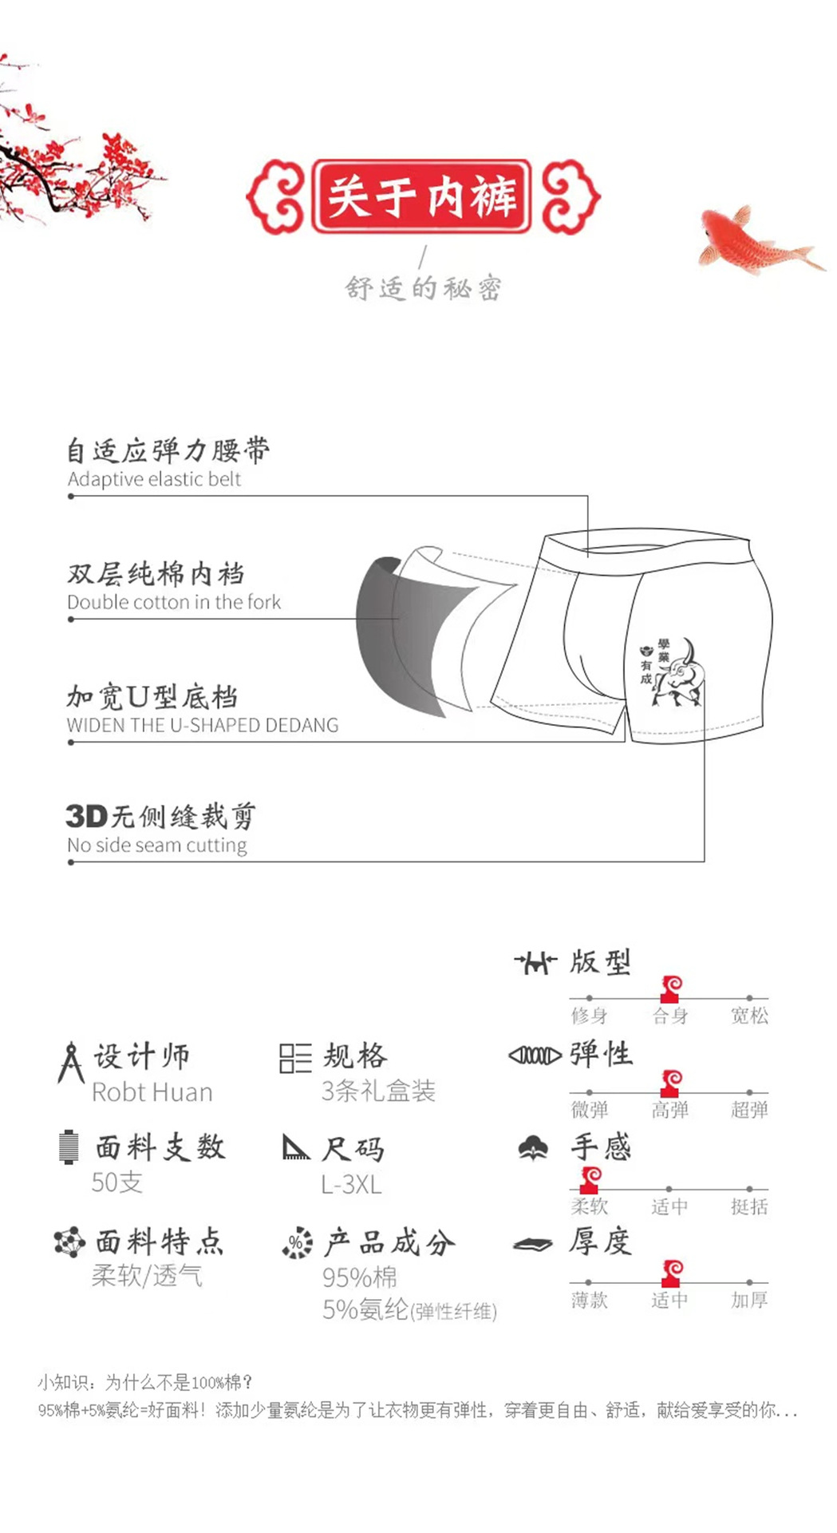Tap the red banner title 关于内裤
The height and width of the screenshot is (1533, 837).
click(421, 196)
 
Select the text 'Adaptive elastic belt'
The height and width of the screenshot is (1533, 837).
click(154, 479)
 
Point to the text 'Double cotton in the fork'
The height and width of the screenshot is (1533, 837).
click(174, 602)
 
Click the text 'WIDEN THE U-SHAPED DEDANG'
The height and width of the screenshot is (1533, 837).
click(203, 725)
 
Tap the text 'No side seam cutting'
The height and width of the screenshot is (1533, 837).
click(157, 845)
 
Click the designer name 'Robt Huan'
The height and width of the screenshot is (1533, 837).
click(152, 1092)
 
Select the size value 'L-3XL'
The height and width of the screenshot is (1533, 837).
click(351, 1184)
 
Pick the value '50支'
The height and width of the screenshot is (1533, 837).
click(117, 1182)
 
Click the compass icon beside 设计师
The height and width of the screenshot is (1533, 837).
click(71, 1062)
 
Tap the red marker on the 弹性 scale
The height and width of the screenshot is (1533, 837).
click(671, 1083)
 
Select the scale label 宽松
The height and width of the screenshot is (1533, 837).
click(749, 1016)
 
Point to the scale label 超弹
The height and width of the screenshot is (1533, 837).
click(749, 1110)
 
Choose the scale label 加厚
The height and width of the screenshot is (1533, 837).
click(749, 1300)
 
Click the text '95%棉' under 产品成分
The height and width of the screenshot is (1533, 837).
click(360, 1277)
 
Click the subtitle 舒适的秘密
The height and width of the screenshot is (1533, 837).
click(423, 287)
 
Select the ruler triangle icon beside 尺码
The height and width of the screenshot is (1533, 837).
click(296, 1147)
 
